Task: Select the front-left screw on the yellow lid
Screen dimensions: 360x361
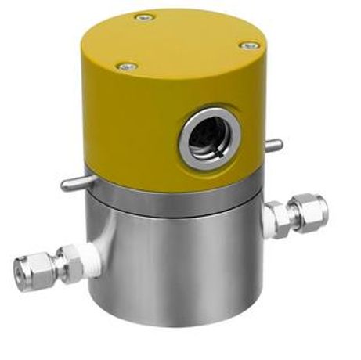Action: (x=126, y=67)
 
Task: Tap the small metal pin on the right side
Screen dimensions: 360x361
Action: (x=273, y=144)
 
